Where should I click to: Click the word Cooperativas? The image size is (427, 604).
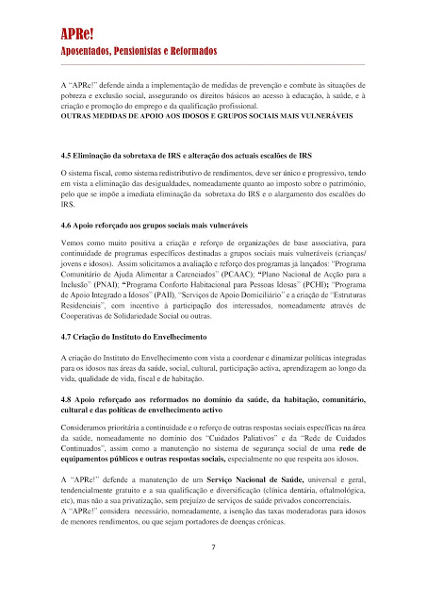click(88, 319)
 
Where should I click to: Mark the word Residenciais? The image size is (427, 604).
click(87, 306)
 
